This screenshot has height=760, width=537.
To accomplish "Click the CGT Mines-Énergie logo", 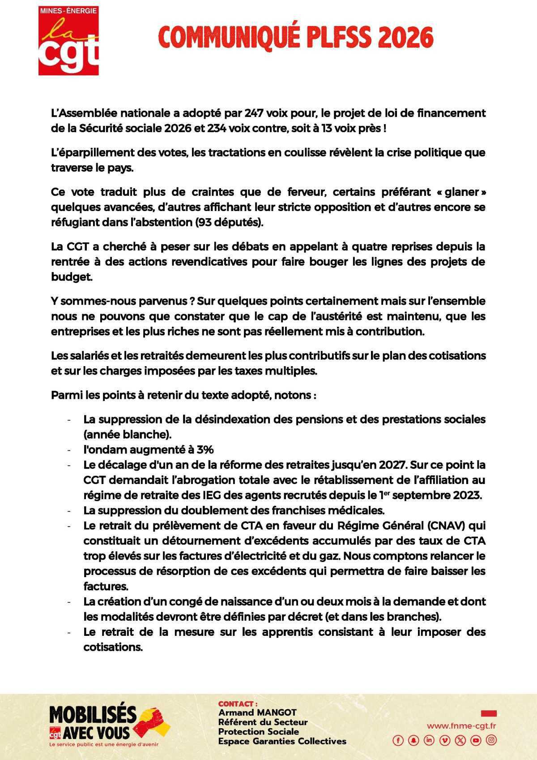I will tap(68, 40).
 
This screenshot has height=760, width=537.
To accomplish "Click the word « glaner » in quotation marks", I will tap(461, 192).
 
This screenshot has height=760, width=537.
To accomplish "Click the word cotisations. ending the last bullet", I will tap(113, 648).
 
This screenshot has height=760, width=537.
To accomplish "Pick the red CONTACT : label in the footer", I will tap(238, 704).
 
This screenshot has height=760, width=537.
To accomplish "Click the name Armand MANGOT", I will tap(257, 712).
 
